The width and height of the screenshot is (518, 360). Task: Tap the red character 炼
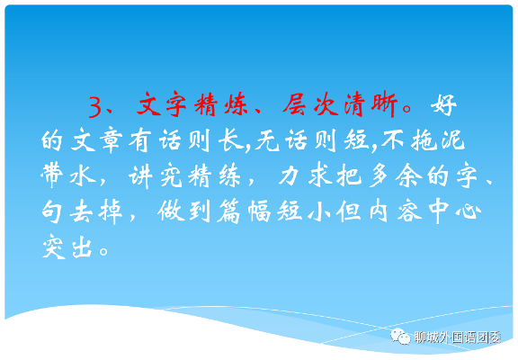pos(236,105)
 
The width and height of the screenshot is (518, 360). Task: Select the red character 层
pos(295,104)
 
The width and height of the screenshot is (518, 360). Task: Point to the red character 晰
pos(385,104)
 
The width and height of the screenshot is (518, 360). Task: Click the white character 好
pos(443,105)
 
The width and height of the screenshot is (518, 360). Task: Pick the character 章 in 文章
pos(111,140)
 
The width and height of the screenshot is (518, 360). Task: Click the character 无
pos(267,140)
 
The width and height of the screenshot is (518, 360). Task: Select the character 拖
pos(424,140)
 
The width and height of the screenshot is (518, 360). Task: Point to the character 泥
pos(452,139)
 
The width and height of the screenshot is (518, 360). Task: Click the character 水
pos(83,175)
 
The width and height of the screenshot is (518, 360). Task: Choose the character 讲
pos(140,175)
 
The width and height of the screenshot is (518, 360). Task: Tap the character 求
pos(320,175)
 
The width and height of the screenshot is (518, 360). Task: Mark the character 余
pos(409,175)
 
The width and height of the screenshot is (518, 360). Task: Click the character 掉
pos(110,211)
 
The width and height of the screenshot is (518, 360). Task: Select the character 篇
pos(229,211)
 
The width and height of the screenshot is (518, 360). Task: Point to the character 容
pos(410,211)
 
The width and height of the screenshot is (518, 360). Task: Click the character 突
pos(54,247)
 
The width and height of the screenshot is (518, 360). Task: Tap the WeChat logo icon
pos(400,337)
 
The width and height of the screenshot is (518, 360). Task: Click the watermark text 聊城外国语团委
pos(458,337)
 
